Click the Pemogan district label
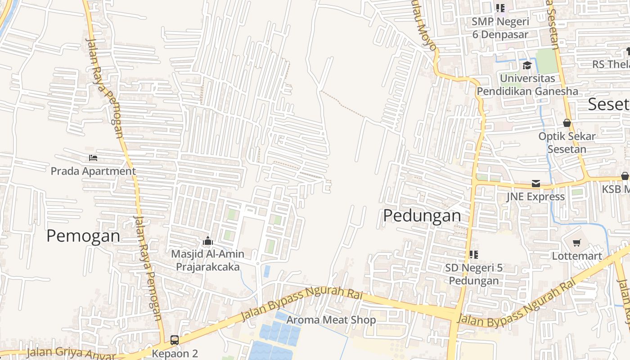(83, 236)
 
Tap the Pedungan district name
(422, 216)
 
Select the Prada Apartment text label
(93, 171)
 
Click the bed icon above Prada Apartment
(93, 158)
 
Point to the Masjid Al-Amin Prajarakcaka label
(207, 260)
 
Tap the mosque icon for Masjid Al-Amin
(207, 241)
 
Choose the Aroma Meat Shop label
(331, 320)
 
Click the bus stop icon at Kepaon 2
(175, 340)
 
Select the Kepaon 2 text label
(175, 353)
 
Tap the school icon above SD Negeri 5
(473, 255)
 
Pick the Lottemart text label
(577, 256)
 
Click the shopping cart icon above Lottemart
(577, 243)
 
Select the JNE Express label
(535, 197)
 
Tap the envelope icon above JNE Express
(536, 184)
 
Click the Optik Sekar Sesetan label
(567, 142)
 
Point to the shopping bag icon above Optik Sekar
(567, 123)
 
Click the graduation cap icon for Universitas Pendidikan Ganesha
(526, 66)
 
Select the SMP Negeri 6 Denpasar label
(500, 27)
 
